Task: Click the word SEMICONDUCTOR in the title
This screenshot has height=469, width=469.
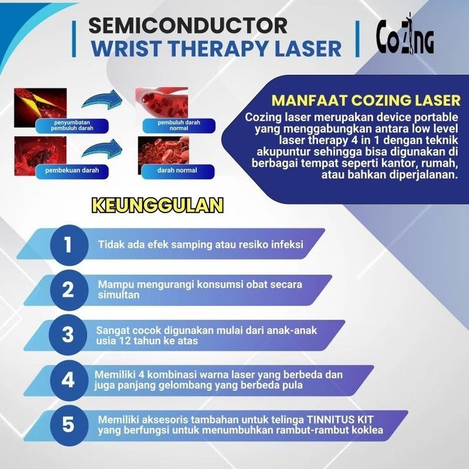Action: pyautogui.click(x=187, y=25)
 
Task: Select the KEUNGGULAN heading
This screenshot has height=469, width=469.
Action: pyautogui.click(x=158, y=205)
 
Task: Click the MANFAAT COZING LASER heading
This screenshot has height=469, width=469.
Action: pyautogui.click(x=366, y=101)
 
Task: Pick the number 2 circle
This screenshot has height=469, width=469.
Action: pyautogui.click(x=68, y=289)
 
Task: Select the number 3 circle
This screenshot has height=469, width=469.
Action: pyautogui.click(x=68, y=334)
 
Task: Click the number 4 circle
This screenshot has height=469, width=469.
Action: pyautogui.click(x=68, y=379)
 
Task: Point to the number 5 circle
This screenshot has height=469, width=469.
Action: pyautogui.click(x=68, y=424)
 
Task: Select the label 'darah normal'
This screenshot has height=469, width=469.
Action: pyautogui.click(x=176, y=171)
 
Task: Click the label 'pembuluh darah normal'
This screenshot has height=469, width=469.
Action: pyautogui.click(x=176, y=125)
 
